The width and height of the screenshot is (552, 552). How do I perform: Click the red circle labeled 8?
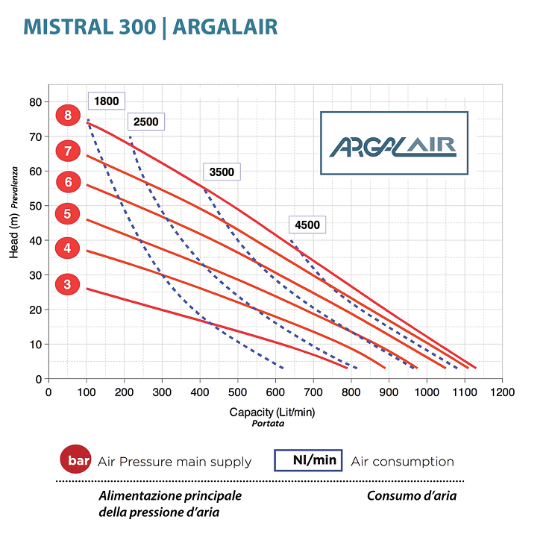pos(68,115)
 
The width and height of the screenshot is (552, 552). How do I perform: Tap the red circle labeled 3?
pos(68,284)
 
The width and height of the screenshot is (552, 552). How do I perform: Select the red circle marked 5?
pos(68,213)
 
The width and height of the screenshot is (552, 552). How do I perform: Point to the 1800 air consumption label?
pos(107,101)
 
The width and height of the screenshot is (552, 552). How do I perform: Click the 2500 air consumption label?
pos(145,122)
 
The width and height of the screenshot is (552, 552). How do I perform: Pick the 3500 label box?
pos(222,172)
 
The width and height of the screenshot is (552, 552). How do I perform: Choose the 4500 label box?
pos(307,225)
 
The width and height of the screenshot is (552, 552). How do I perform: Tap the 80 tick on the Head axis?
pos(36,102)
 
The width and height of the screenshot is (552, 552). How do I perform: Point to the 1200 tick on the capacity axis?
pos(502,392)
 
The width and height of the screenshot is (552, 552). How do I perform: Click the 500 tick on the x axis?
pos(238,392)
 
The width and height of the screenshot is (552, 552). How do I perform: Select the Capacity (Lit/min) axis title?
pos(272,412)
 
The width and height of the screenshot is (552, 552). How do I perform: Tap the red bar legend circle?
pos(75,459)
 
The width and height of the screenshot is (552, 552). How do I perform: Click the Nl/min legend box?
pos(308,460)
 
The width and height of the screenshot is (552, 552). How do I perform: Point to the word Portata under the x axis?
pos(268,424)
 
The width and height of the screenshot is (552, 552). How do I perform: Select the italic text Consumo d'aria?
pos(412,495)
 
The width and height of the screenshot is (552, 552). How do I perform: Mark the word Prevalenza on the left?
pos(14,187)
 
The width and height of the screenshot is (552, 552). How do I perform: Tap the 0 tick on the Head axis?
pos(39,380)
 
